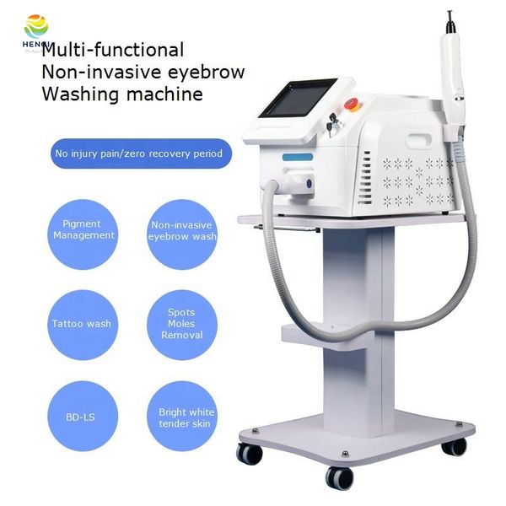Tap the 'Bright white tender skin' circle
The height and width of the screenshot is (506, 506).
186,417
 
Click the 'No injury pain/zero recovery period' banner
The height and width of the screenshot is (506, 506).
139,153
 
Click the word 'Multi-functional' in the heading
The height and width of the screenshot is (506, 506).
112,51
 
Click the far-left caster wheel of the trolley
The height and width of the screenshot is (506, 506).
250,453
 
